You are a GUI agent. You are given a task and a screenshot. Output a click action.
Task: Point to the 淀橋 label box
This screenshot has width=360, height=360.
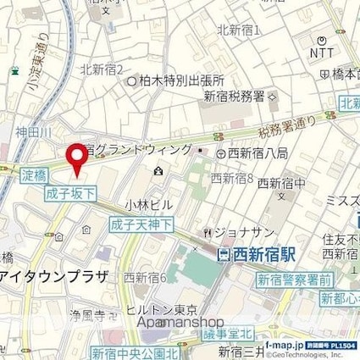(x=33, y=176)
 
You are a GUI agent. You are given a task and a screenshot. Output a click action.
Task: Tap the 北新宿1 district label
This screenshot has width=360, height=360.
(x=238, y=30)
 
